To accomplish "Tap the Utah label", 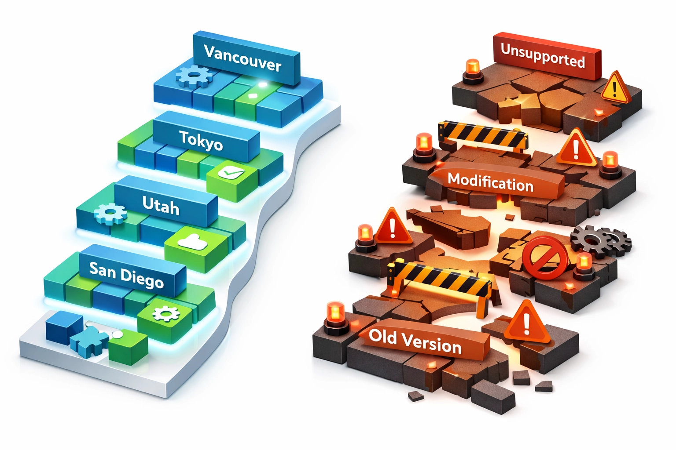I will (x=161, y=206).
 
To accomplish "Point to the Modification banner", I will (x=491, y=182).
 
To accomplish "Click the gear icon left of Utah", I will (x=110, y=214).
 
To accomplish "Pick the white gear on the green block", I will (x=166, y=313).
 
